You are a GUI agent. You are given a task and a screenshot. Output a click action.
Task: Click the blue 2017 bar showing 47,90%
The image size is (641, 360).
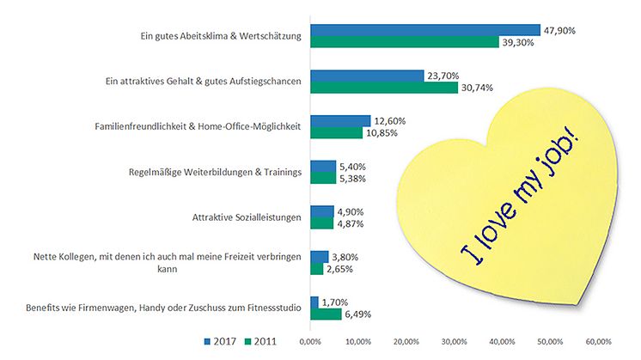(x=424, y=30)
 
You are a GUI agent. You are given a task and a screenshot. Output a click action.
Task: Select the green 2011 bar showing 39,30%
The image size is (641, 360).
(x=404, y=42)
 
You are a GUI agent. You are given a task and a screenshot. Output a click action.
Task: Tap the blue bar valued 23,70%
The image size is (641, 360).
(x=367, y=76)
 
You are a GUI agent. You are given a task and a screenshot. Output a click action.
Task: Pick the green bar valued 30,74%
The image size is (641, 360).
(x=384, y=87)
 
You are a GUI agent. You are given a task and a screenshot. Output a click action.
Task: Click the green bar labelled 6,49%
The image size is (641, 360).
(x=326, y=314)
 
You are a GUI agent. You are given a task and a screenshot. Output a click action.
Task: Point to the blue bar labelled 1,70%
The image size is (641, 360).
(x=314, y=302)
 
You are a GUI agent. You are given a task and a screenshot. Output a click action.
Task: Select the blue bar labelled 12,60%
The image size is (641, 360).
(x=340, y=121)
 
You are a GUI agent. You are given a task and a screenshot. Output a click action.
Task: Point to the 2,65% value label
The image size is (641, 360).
(x=341, y=269)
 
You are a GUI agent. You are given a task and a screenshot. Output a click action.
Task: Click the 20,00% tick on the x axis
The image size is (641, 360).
(x=406, y=341)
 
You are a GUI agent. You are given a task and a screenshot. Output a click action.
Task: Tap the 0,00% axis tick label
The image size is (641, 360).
(x=310, y=341)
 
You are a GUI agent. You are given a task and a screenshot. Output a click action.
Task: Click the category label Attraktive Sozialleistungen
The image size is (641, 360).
(x=246, y=217)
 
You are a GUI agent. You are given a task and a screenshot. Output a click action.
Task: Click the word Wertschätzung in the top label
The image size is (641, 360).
(x=270, y=37)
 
